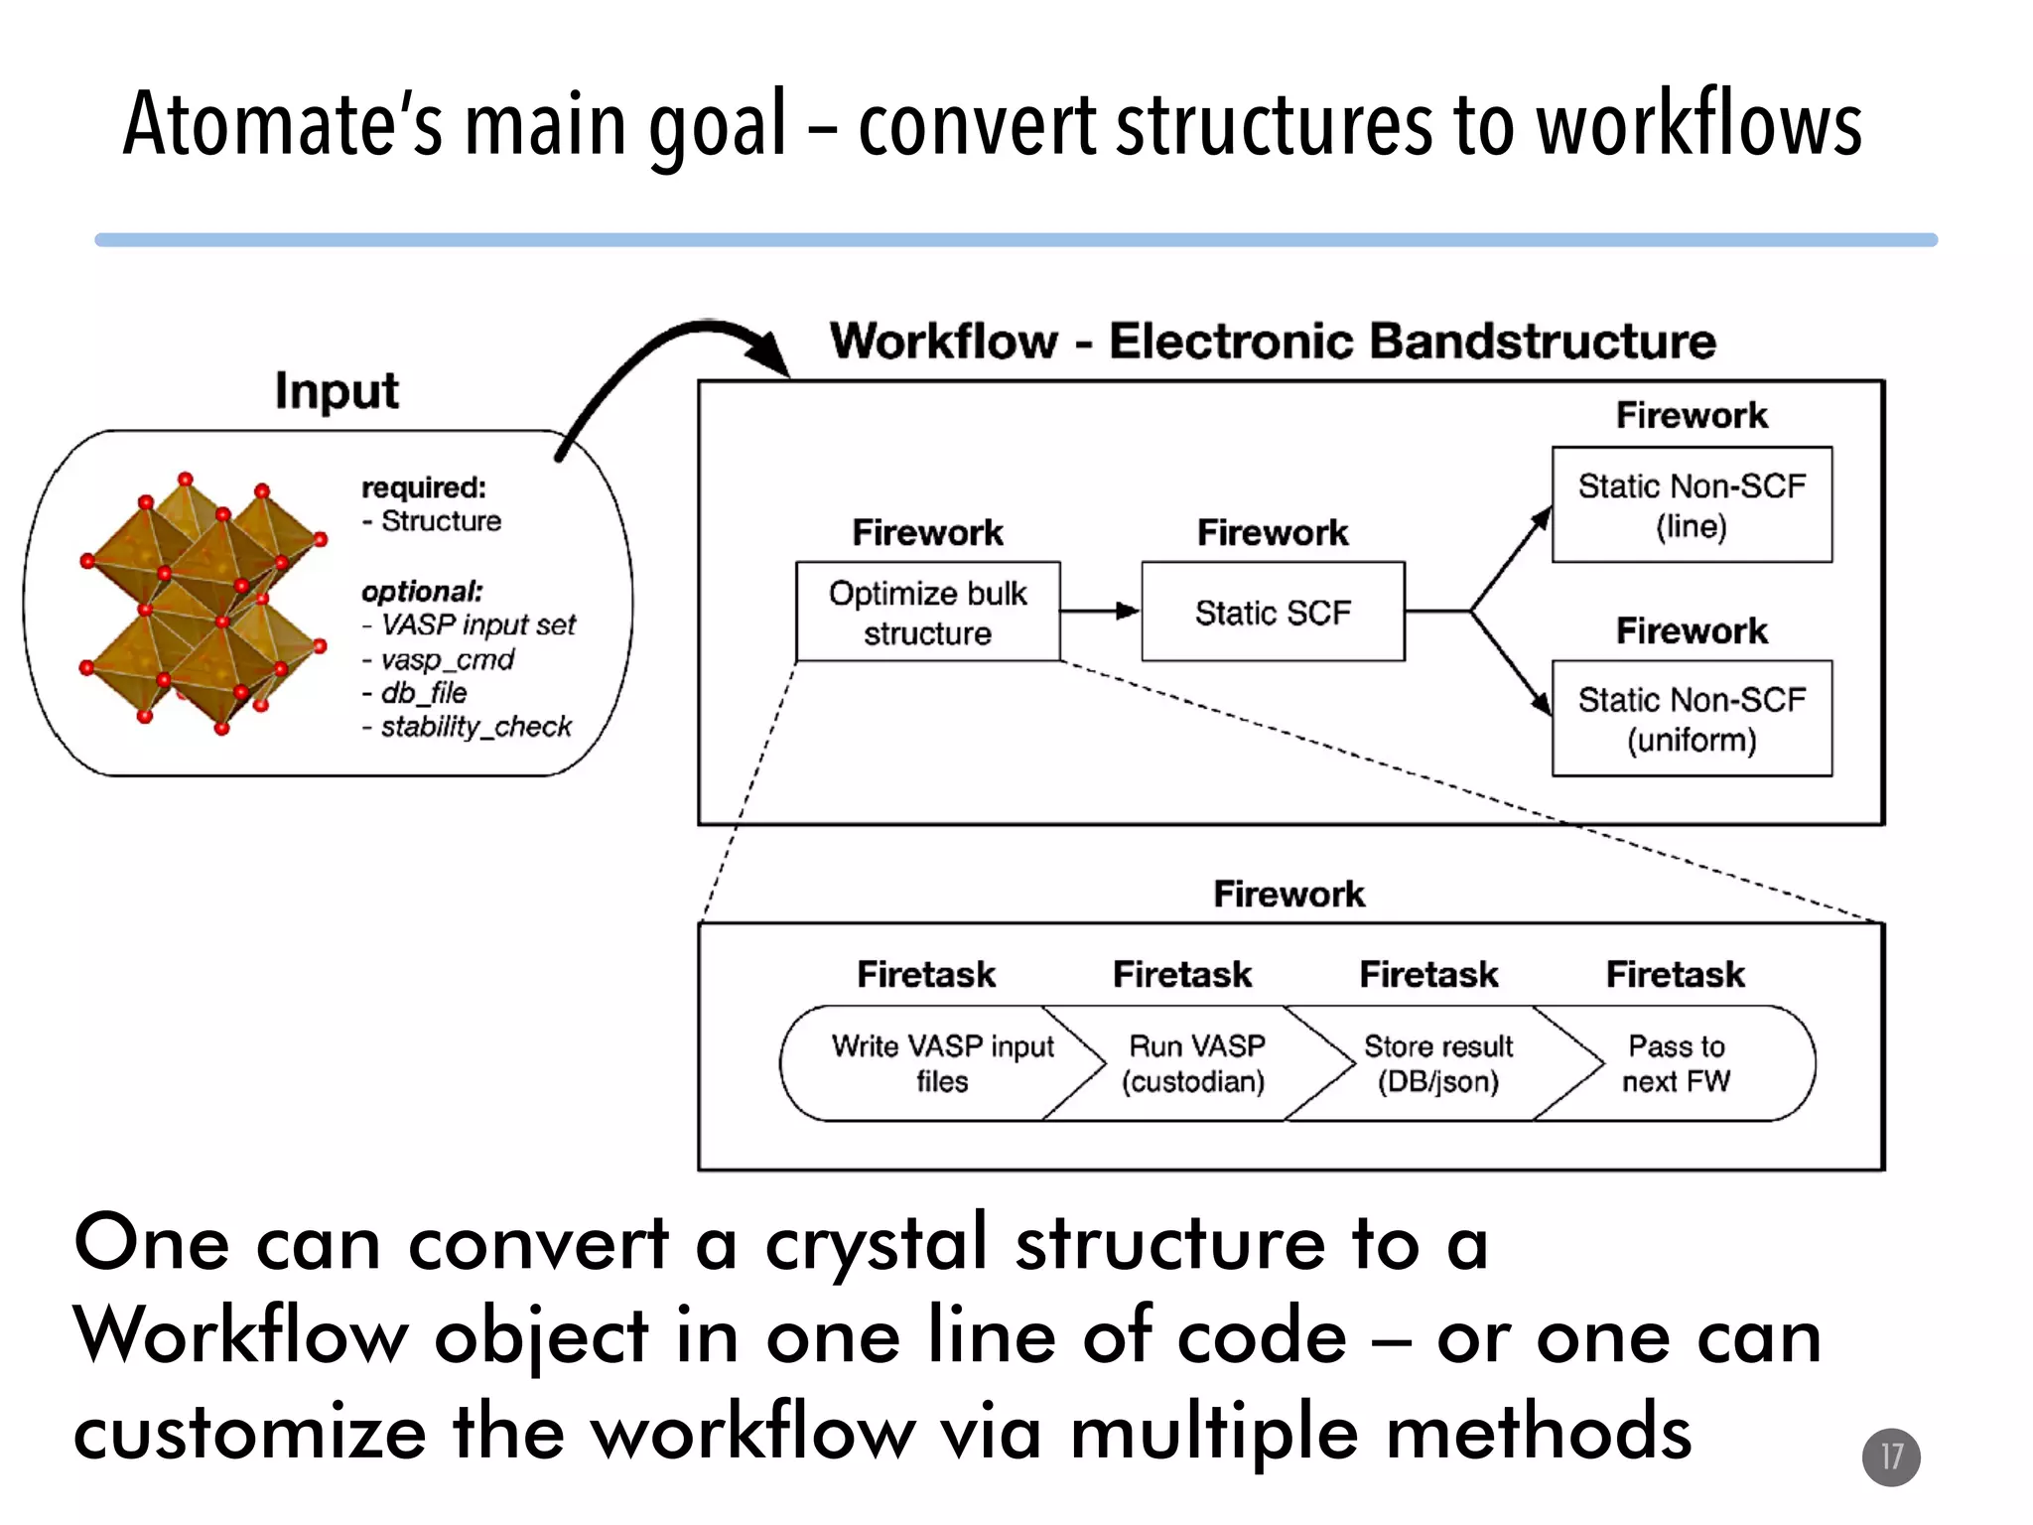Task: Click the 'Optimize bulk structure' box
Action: (928, 612)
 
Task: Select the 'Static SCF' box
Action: (1273, 612)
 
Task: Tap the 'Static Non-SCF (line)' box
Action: (1692, 505)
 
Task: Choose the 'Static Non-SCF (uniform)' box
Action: (1692, 719)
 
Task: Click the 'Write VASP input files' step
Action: (941, 1063)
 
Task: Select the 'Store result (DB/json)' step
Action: (1437, 1063)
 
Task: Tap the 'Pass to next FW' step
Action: (1677, 1063)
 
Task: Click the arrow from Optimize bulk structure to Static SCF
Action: (1100, 611)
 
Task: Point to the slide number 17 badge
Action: (1891, 1456)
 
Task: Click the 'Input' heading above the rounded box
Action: (337, 390)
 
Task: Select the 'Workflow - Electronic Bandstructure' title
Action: (1273, 342)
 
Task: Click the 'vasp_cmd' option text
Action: (447, 659)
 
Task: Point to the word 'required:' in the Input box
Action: (424, 487)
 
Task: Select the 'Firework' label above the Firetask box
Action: (1288, 895)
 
